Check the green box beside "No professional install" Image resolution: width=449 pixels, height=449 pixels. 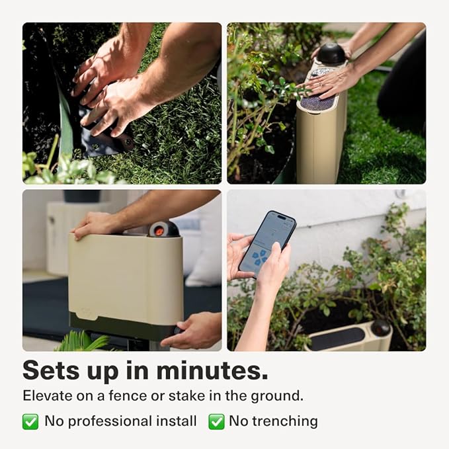pos(30,421)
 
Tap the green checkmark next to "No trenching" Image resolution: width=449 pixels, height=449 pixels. pos(216,421)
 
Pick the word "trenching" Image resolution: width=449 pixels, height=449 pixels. pos(284,421)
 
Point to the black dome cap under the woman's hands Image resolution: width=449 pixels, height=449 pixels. pos(331,54)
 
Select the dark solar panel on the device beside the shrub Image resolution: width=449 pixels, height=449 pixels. pos(337,338)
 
